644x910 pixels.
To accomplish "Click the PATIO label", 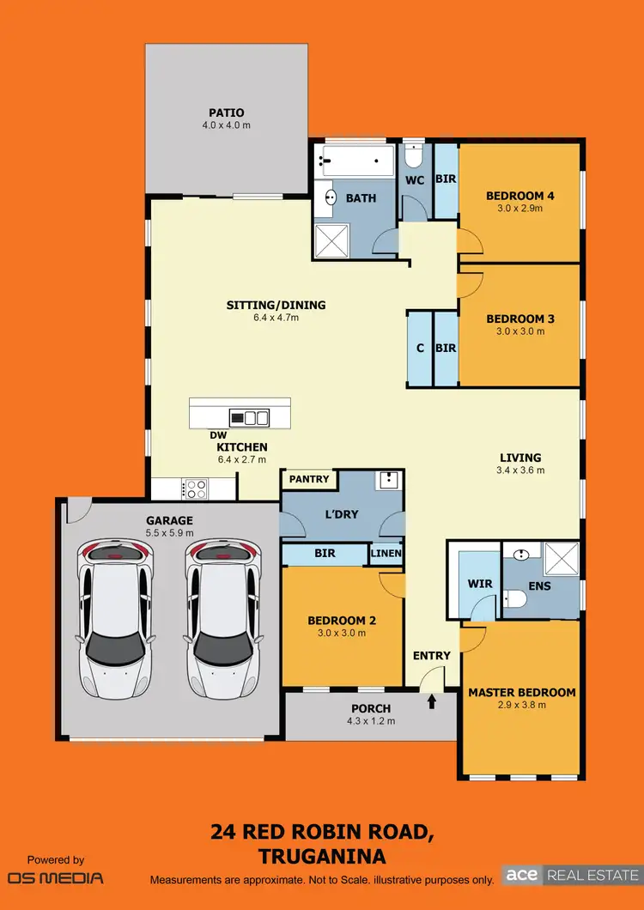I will coord(227,112).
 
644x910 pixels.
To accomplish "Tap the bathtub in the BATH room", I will coord(355,160).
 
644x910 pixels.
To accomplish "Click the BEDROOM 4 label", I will coord(519,196).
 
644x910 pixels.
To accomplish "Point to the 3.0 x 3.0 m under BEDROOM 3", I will coord(519,331).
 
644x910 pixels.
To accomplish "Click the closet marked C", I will coord(420,348).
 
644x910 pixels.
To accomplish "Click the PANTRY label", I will coord(309,479).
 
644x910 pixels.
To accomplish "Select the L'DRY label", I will coord(340,513).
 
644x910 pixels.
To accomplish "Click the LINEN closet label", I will coord(386,555).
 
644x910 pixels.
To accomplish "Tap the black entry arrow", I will coord(431,701).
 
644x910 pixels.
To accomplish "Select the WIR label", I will coord(479,584).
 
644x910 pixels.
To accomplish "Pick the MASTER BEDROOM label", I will coord(521,692).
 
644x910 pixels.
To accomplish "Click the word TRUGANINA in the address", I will coord(321,856).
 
